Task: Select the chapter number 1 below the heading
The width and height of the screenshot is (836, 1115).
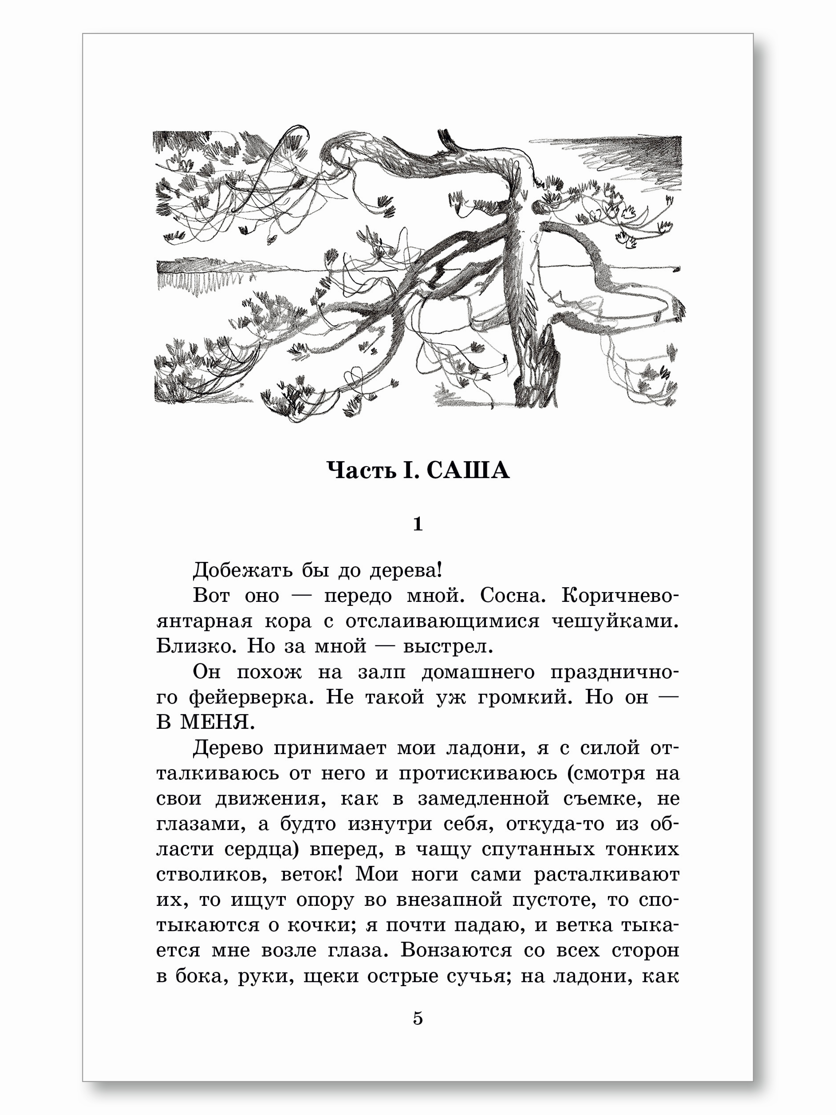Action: click(x=418, y=524)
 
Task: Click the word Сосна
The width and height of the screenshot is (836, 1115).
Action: click(x=512, y=596)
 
